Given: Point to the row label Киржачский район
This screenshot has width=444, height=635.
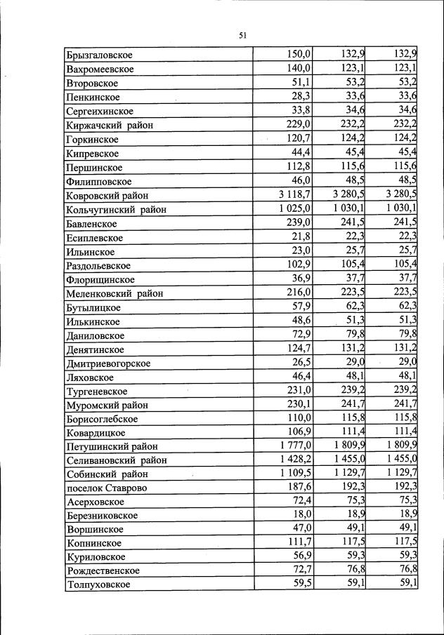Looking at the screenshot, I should [110, 125].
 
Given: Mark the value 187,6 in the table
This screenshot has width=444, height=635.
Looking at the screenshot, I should [299, 488].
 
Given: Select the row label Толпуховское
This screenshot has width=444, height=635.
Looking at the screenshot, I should [98, 584].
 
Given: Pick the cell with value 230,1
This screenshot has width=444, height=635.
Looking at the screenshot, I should [299, 404].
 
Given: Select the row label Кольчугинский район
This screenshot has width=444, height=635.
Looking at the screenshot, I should [116, 209].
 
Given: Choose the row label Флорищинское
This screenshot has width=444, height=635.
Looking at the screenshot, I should [100, 279].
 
